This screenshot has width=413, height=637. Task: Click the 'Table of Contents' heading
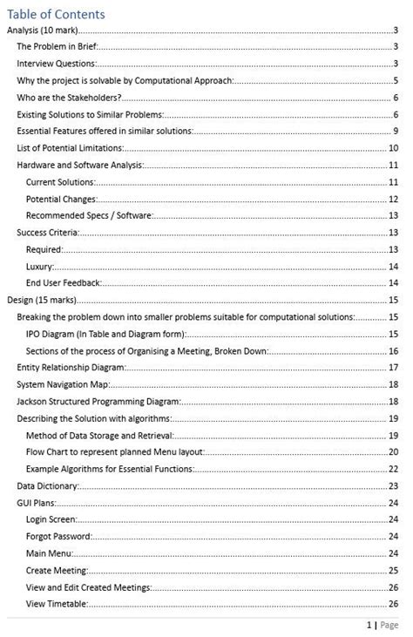coord(56,14)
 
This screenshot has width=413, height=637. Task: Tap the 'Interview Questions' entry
coord(56,64)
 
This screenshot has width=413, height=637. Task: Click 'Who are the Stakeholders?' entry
coord(69,98)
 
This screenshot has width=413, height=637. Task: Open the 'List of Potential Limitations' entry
coord(71,148)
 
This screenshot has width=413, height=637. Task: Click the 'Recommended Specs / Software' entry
coord(90,215)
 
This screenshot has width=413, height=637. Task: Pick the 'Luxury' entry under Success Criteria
coord(40,266)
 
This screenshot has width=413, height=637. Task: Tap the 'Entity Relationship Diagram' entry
coord(71,368)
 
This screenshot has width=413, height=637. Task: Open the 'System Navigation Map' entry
coord(60,384)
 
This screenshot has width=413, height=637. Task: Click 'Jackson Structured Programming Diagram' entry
coord(98,401)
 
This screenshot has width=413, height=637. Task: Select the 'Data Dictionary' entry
coord(50,485)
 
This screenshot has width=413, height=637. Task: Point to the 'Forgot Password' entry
coord(58,536)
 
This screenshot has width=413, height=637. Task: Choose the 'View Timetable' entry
coord(57,604)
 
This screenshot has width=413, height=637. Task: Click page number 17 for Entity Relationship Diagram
coord(393,368)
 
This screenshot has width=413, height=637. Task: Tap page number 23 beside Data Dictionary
coord(393,485)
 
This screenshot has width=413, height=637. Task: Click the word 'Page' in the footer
coord(389,625)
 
